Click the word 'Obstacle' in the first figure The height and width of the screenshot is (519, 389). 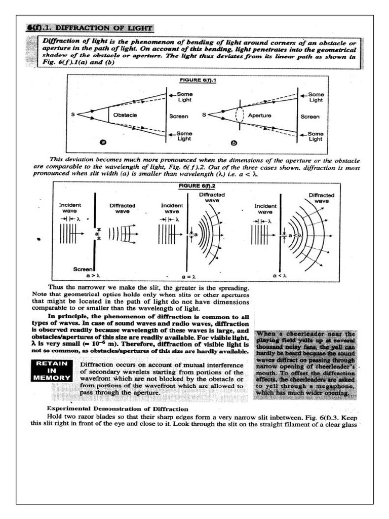pos(125,115)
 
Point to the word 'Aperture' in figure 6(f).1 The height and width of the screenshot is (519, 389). pos(259,115)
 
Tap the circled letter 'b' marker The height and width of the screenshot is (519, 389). pos(234,143)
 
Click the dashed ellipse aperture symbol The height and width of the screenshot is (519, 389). pos(240,116)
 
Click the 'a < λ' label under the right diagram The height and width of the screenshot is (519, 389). pos(280,275)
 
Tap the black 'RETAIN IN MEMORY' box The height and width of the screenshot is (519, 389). pos(52,370)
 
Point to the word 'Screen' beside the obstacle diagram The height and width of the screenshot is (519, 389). pos(178,116)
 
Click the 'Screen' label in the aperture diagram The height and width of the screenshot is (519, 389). pos(310,116)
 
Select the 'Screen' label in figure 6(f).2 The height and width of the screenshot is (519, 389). pos(83,269)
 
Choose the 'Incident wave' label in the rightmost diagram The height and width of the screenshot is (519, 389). pos(265,209)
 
